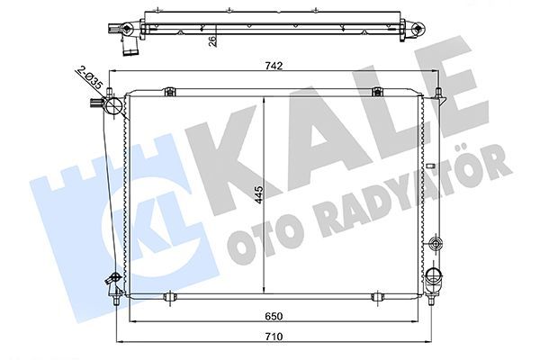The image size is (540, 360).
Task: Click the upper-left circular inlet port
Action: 113,109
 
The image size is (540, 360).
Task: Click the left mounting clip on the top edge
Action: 169,91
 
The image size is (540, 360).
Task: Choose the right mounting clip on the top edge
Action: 378,91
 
